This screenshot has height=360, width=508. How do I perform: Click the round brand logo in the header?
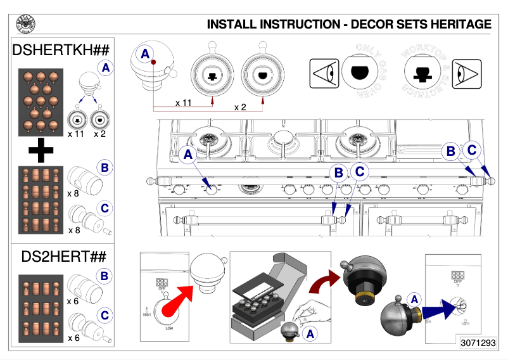coord(25,24)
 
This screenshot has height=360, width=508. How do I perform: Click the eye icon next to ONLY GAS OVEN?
coord(321,73)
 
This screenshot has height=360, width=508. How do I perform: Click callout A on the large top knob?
coord(146,55)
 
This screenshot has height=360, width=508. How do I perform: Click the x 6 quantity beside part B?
coord(73,302)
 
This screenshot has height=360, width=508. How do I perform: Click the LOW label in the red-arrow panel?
coord(170,328)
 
